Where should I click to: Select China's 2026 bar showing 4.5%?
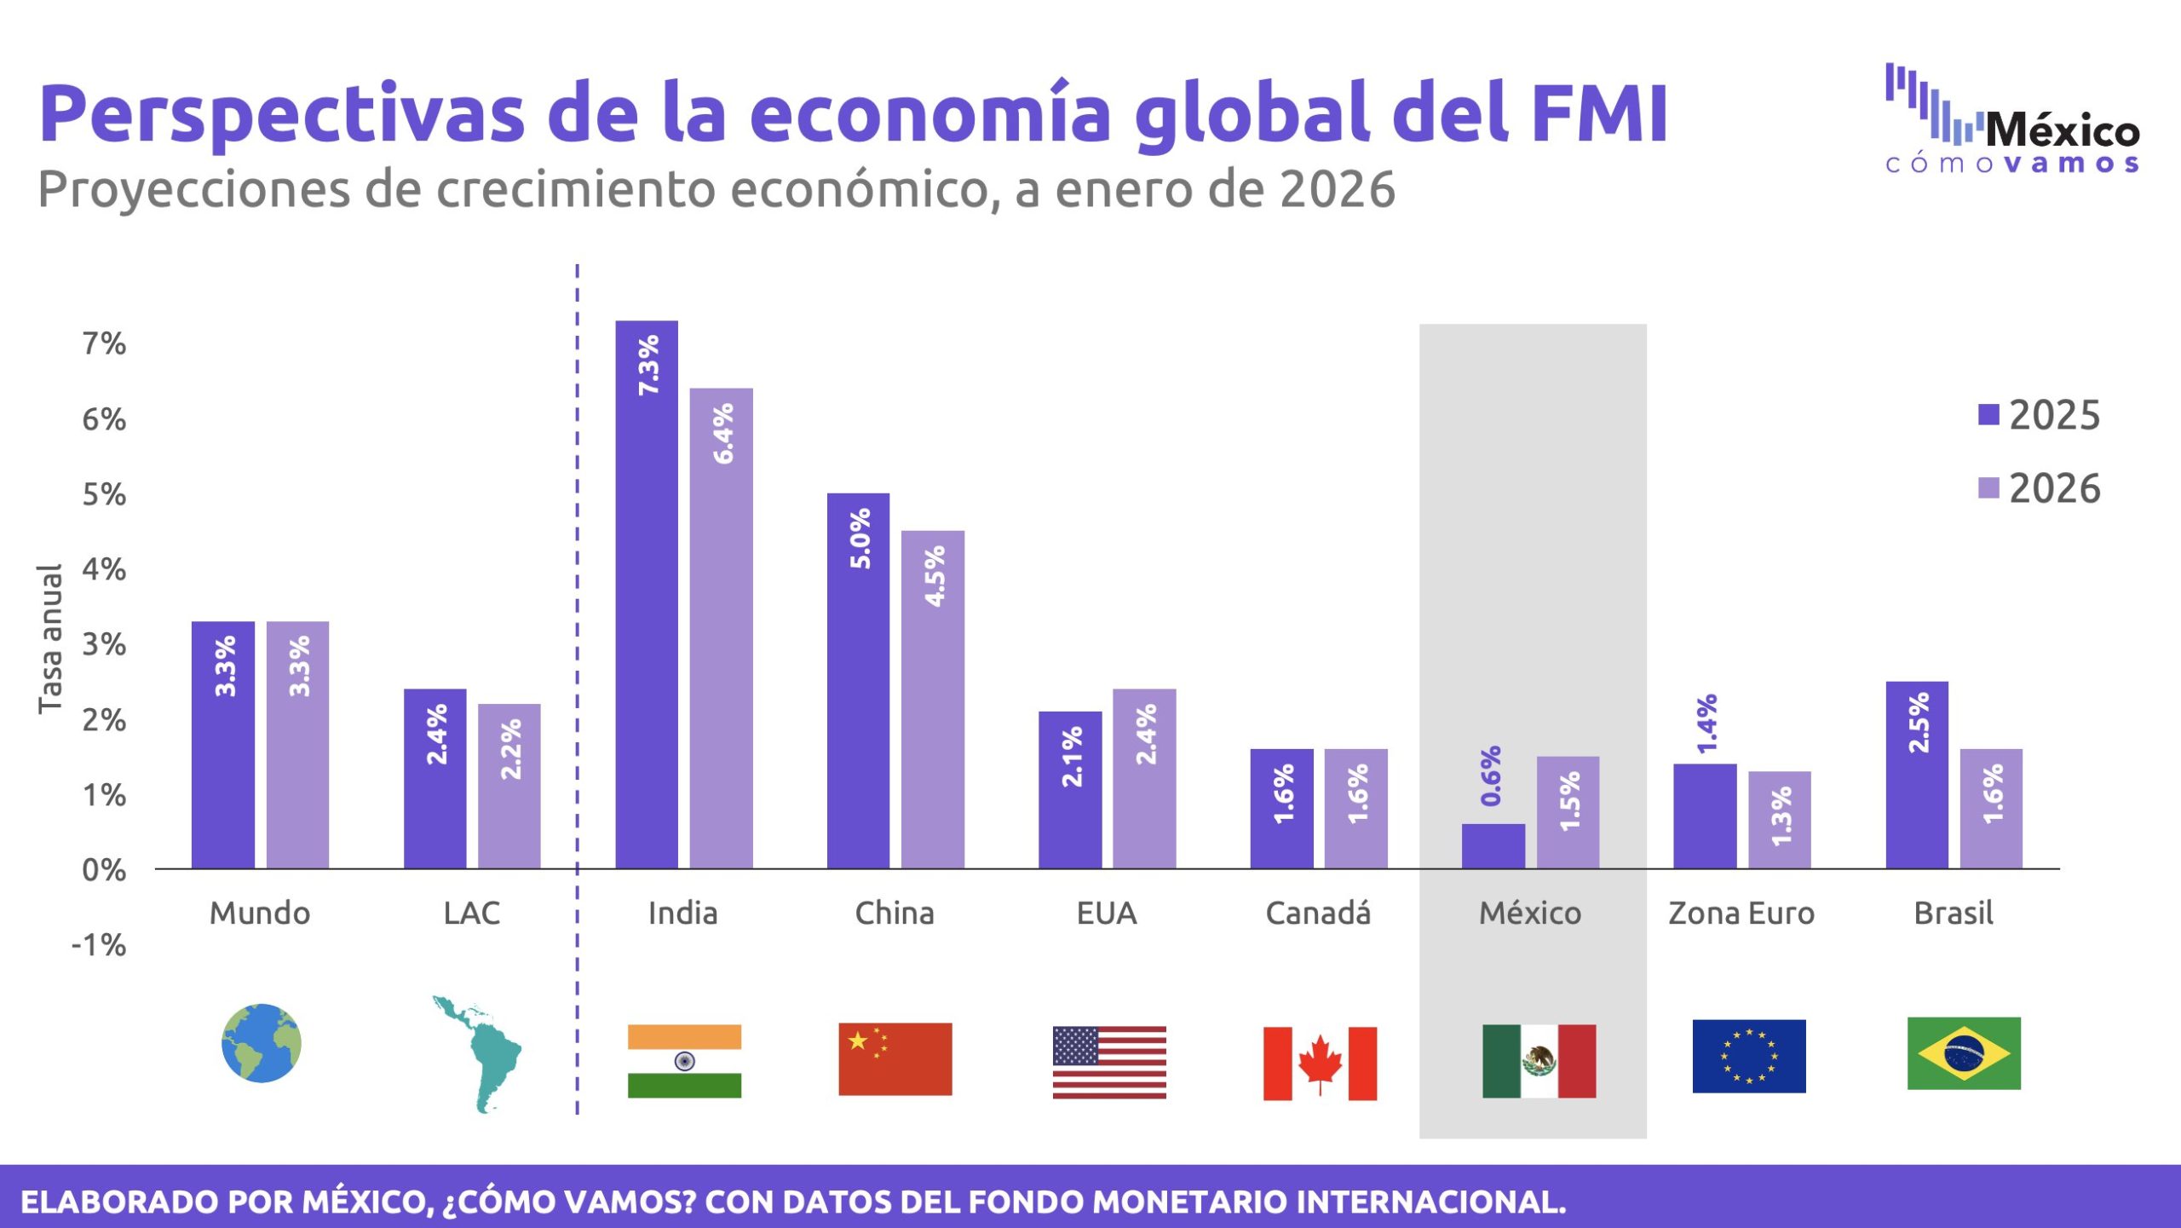(933, 699)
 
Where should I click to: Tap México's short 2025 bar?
(1493, 845)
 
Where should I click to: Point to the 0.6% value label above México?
(1491, 775)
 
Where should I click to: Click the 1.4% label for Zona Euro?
(1706, 724)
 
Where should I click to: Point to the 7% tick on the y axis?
(104, 343)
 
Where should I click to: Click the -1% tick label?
(99, 944)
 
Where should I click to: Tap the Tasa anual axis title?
(50, 638)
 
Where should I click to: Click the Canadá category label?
(1318, 913)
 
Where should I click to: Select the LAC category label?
(471, 913)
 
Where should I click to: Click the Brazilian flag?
(1964, 1053)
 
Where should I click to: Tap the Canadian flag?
(1320, 1063)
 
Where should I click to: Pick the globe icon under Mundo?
(261, 1043)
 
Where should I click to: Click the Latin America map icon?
(477, 1053)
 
